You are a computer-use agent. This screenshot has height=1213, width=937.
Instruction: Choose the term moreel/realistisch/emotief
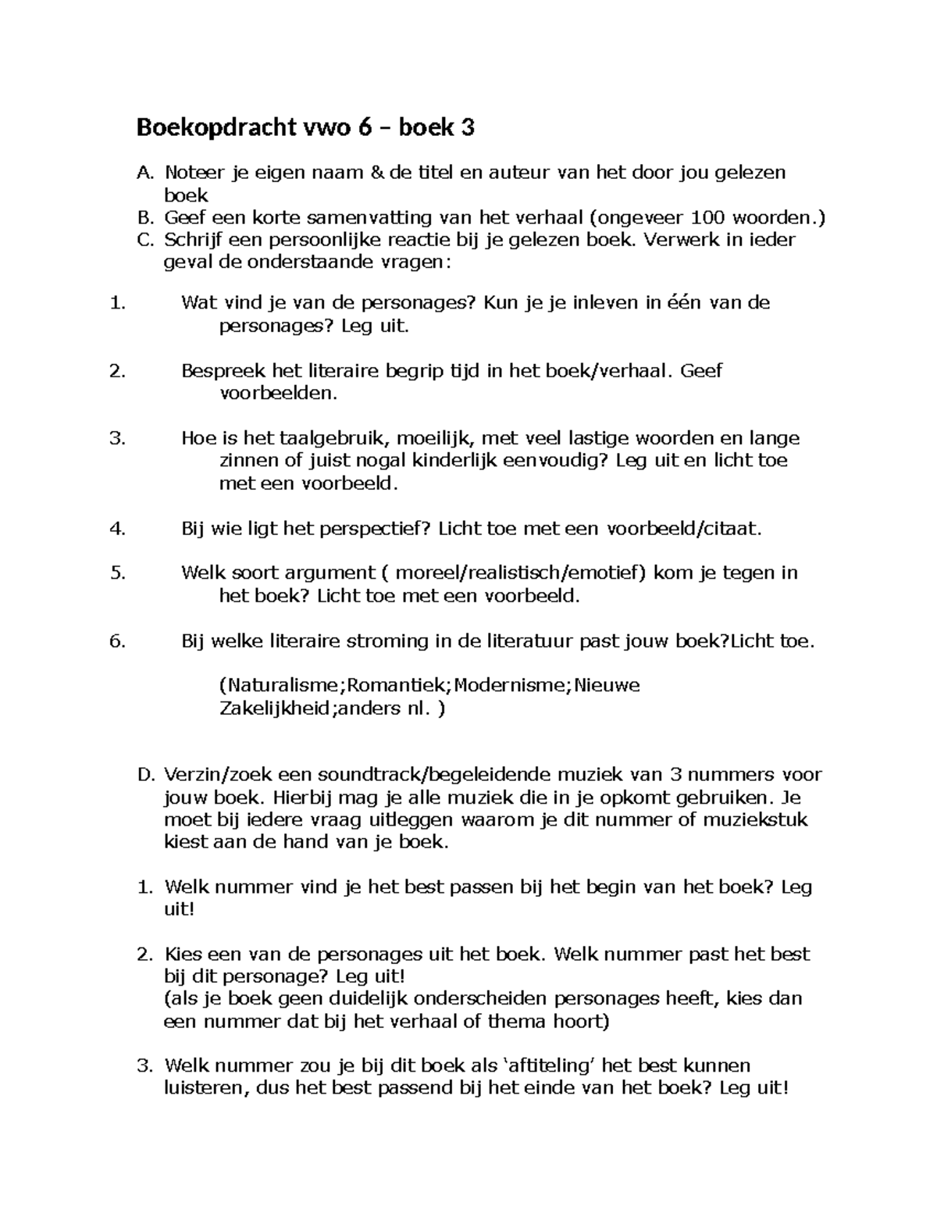tap(521, 573)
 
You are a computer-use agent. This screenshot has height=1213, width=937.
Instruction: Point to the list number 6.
tap(118, 641)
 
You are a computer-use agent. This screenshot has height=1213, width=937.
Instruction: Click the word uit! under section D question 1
tap(177, 909)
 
